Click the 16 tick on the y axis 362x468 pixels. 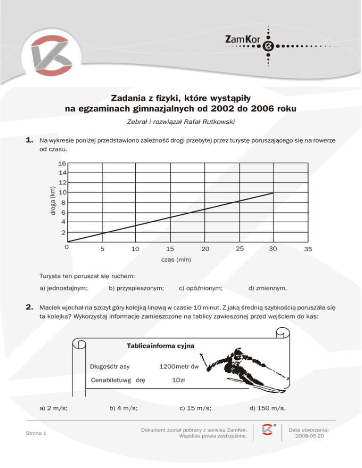pos(62,164)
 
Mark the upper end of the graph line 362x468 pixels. pos(273,193)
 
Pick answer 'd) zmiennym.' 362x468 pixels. pos(269,287)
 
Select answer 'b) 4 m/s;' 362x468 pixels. pos(123,408)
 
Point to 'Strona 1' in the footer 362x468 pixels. pos(36,433)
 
